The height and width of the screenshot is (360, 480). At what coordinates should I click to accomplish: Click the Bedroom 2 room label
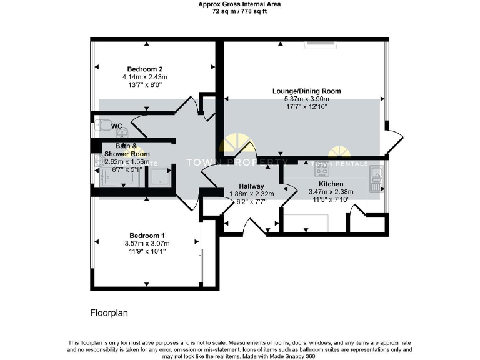point(145,69)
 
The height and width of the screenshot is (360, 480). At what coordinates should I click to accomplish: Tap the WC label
point(117,126)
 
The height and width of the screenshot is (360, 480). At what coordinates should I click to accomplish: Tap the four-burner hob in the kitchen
point(323,168)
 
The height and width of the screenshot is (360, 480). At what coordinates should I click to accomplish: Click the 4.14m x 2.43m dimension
point(145,77)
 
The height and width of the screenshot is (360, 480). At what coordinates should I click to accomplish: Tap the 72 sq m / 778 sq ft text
point(239,11)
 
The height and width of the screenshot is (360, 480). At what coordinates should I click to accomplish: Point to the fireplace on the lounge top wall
point(321,44)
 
